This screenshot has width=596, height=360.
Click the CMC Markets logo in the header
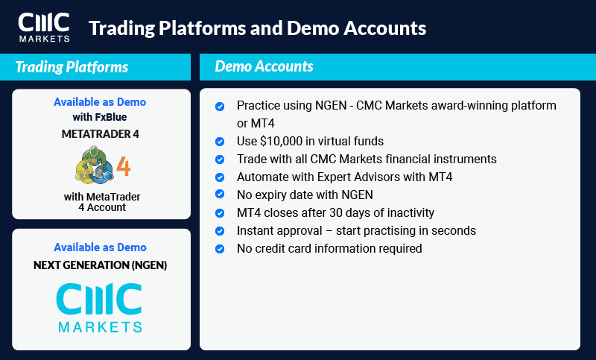click(x=44, y=27)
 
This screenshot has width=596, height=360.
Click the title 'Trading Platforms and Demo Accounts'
click(x=257, y=28)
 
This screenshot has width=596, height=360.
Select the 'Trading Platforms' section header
click(x=72, y=67)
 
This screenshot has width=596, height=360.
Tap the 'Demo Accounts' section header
click(x=264, y=66)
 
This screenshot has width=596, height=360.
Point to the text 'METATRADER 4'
click(x=101, y=133)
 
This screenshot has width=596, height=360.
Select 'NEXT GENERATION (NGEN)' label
click(x=101, y=265)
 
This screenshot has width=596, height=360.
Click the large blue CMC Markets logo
click(x=100, y=306)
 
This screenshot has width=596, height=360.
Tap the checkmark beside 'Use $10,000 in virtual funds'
click(x=220, y=142)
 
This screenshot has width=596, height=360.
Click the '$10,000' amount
click(x=287, y=142)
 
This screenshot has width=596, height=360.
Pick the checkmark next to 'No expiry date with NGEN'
click(x=220, y=195)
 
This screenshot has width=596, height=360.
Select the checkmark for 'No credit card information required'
click(x=220, y=248)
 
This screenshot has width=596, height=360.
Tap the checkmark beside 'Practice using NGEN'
click(x=220, y=107)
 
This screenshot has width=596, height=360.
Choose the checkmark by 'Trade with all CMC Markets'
click(x=220, y=160)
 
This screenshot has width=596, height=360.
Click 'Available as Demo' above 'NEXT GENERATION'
click(x=101, y=247)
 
